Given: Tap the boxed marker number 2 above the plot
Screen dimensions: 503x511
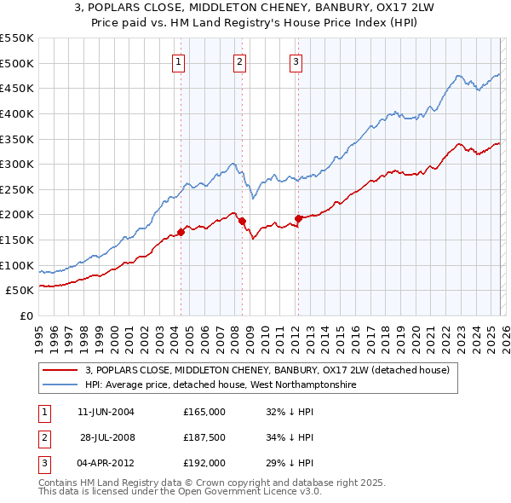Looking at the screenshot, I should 240,61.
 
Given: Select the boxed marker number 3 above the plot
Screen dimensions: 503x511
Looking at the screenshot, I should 296,61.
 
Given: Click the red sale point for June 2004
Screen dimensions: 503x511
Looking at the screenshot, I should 181,232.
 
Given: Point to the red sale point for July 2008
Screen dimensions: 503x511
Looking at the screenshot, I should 242,221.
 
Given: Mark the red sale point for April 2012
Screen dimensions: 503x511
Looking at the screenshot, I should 298,218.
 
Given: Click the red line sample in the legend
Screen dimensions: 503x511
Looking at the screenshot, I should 60,370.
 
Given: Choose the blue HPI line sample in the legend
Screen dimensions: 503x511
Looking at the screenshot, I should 60,384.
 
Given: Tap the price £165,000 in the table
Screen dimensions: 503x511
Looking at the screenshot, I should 204,412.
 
